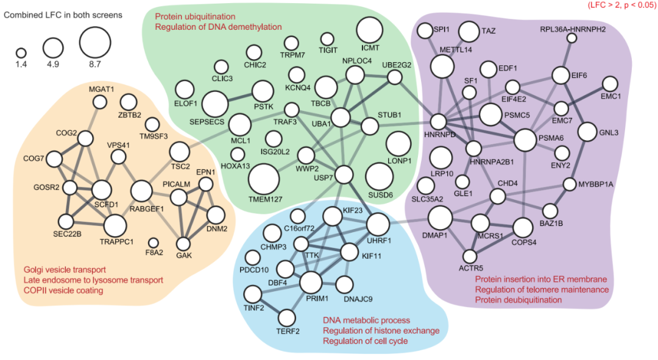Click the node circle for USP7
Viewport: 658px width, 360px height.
(x=344, y=175)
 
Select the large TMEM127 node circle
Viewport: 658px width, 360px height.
(x=264, y=179)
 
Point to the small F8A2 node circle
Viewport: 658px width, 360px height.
(x=154, y=243)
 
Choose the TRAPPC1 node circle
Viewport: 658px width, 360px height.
(x=115, y=225)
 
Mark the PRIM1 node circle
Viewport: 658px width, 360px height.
(x=311, y=283)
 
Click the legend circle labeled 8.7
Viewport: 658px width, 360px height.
(x=95, y=41)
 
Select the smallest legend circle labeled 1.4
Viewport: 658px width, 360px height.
(x=21, y=52)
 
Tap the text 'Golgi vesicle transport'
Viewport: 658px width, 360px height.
(x=65, y=269)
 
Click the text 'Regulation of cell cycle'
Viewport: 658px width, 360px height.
(x=365, y=341)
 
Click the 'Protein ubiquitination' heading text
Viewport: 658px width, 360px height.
(x=195, y=16)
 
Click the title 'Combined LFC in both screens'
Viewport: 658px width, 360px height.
(x=63, y=14)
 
